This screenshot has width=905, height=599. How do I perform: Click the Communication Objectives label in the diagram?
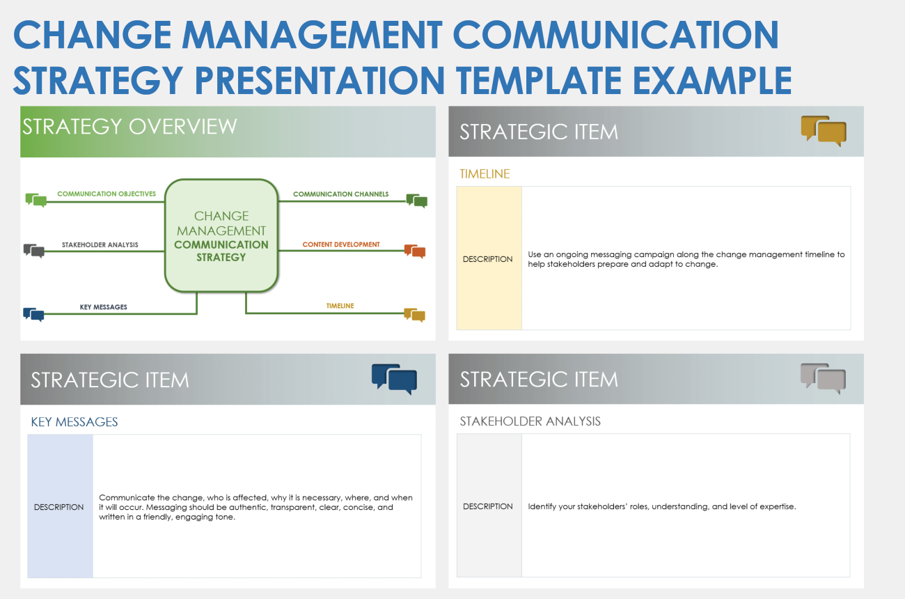pos(107,194)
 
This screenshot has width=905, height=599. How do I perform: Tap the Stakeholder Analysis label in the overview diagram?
pos(100,244)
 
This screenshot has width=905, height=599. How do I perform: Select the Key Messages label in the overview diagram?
pos(103,306)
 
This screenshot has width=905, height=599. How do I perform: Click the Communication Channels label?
pos(340,194)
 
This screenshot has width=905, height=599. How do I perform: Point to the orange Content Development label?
pos(341,244)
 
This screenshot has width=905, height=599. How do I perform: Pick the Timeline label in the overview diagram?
pos(340,306)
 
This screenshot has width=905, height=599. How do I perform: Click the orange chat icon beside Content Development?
pos(415,251)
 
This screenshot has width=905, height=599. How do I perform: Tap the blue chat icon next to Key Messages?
pos(33,314)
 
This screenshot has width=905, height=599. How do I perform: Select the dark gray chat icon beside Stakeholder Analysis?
pos(33,251)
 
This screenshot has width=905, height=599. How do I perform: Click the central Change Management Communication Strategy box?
pos(221,235)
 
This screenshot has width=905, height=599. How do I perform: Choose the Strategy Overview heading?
pos(129,127)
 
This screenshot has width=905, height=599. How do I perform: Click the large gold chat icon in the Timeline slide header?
pos(824,131)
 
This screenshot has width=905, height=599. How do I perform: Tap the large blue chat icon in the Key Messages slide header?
pos(394,379)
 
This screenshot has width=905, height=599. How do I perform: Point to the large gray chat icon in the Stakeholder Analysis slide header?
pos(824,378)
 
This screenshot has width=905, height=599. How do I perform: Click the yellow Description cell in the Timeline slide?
pos(488,258)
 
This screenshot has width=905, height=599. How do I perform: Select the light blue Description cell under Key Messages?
pos(59,506)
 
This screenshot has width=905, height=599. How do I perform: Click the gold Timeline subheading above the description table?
pos(485,174)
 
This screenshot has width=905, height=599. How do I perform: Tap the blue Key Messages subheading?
pos(74,422)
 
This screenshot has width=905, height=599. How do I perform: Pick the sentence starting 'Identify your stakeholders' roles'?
pos(661,506)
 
